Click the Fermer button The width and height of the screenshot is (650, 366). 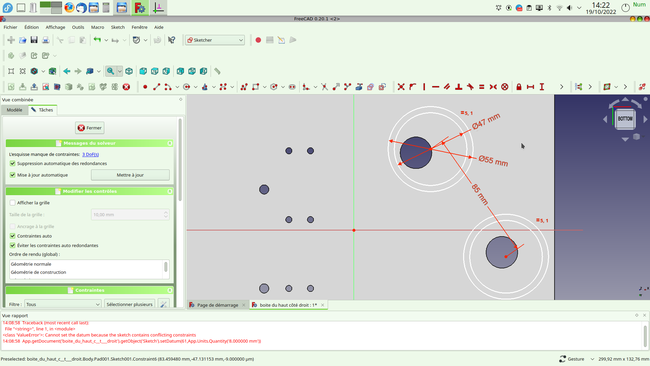tap(90, 128)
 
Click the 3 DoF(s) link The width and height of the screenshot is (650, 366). tap(90, 155)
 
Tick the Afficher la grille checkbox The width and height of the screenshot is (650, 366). tap(13, 203)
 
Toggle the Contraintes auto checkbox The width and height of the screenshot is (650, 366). tap(13, 236)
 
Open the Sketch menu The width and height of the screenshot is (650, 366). tap(117, 27)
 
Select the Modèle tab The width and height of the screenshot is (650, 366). tap(15, 110)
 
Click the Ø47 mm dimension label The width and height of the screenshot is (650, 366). tap(486, 121)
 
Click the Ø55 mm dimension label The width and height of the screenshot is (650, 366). tap(493, 161)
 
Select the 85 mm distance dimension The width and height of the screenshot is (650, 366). tap(480, 195)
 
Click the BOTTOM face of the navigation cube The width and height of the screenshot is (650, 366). tap(625, 119)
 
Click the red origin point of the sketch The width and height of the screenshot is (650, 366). tap(354, 230)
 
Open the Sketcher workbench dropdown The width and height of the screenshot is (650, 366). tap(215, 40)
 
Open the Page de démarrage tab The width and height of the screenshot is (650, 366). tap(217, 305)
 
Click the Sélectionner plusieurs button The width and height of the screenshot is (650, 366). tap(129, 304)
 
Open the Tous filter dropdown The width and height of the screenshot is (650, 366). tap(63, 304)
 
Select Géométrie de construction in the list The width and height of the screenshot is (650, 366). tap(39, 272)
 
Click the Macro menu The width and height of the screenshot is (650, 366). tap(97, 27)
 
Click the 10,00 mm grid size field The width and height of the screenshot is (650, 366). tap(127, 215)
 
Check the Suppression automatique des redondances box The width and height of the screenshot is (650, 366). tap(13, 163)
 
